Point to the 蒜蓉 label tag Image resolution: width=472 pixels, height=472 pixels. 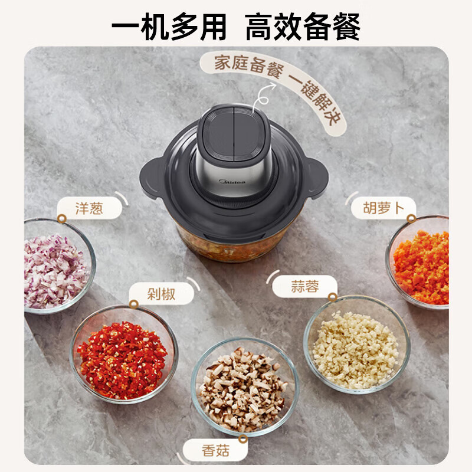click(304, 287)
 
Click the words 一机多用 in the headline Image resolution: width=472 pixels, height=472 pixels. click(169, 26)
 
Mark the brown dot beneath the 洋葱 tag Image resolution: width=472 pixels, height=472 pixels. click(61, 218)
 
